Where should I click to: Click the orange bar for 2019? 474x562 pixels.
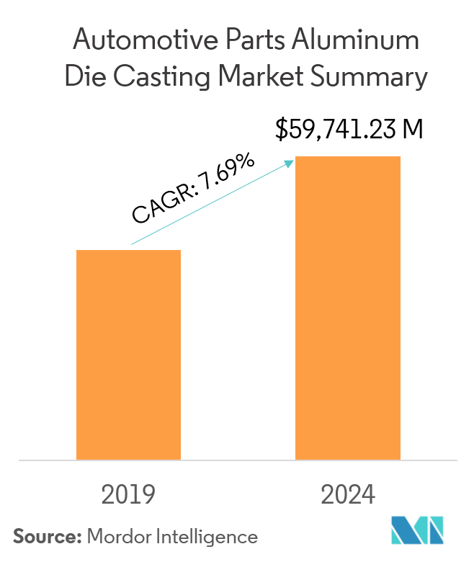pos(128,354)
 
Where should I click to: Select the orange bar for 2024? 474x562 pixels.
pos(348,308)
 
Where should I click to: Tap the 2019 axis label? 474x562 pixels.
pos(128,495)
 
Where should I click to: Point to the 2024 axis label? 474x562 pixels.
pos(348,495)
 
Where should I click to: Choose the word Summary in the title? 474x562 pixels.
pos(375,76)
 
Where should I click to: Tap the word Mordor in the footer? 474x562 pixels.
pos(115,536)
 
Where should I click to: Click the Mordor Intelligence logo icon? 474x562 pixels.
pos(417,531)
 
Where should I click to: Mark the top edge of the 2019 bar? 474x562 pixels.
pos(128,251)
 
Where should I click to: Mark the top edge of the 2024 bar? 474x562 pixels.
pos(348,157)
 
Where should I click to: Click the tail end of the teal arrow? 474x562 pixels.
pos(132,244)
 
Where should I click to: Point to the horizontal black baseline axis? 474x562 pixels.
pos(238,460)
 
